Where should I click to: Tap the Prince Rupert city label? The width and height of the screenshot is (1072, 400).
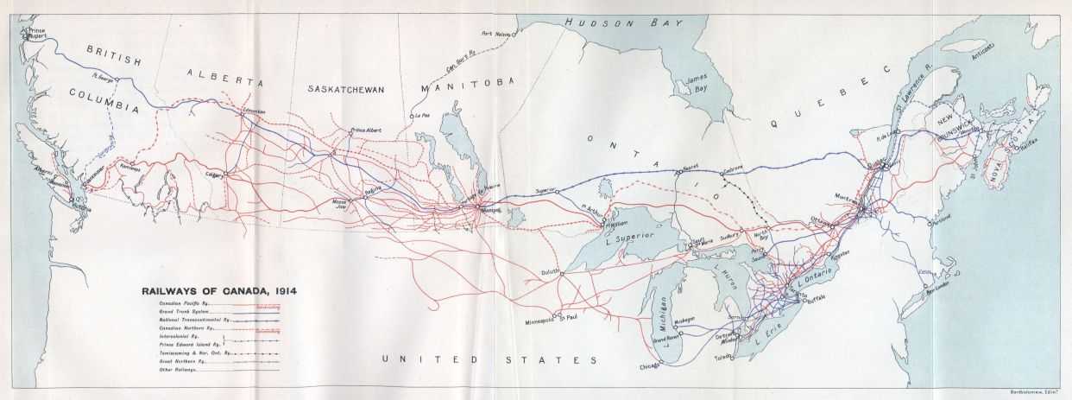click(36, 32)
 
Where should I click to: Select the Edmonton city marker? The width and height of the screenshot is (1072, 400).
click(244, 115)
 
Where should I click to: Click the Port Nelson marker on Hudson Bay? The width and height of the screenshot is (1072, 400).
click(514, 35)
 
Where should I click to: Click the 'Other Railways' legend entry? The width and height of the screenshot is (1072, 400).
click(177, 371)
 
